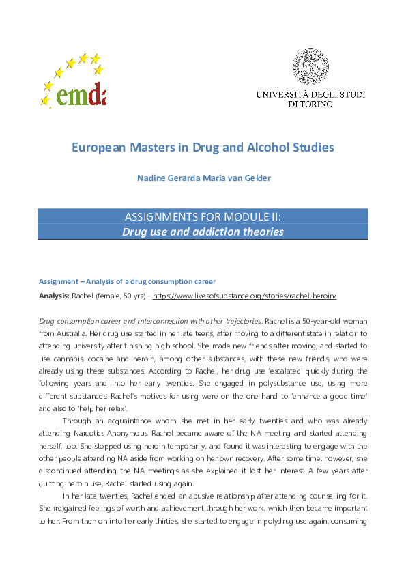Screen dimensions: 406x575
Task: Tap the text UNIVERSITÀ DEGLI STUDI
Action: (x=310, y=94)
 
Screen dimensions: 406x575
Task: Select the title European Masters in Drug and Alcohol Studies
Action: (x=203, y=147)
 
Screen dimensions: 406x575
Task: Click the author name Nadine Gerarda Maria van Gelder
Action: (x=203, y=179)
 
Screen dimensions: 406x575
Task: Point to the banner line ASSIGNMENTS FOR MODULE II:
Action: (x=203, y=217)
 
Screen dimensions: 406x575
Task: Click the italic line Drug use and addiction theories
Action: (x=203, y=232)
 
